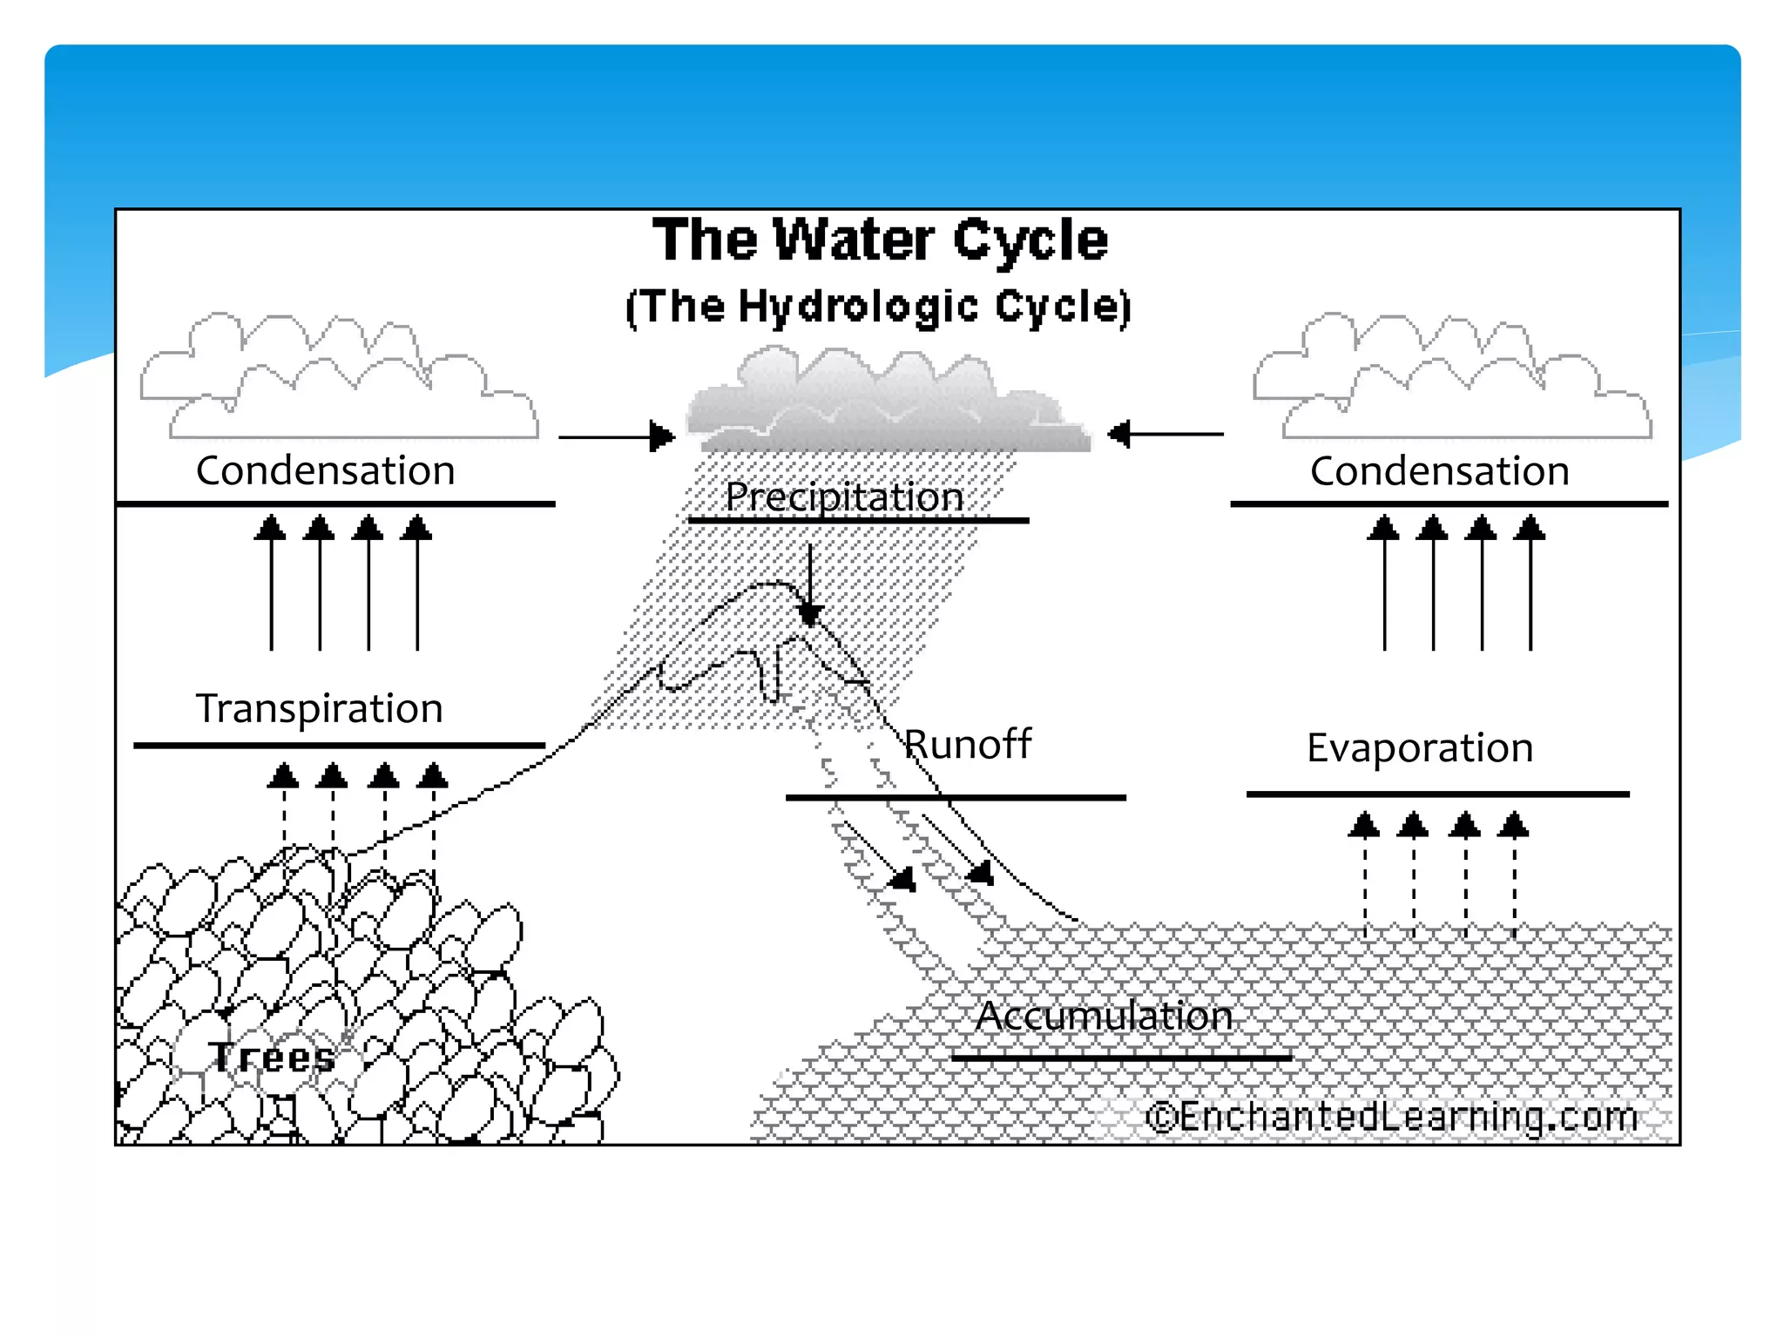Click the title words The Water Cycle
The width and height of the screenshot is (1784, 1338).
coord(880,240)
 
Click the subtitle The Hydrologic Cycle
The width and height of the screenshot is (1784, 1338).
coord(878,307)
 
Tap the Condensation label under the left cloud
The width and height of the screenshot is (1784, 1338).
coord(326,471)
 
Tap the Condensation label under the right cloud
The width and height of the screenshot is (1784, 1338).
coord(1439,471)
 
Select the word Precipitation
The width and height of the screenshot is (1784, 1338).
coord(844,497)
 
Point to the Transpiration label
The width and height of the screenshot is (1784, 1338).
coord(319,708)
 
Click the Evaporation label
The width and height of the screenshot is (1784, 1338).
coord(1420,748)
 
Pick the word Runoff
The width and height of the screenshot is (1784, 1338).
coord(967,745)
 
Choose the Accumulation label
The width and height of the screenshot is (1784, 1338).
coord(1104,1017)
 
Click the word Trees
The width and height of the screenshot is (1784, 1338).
coord(272,1058)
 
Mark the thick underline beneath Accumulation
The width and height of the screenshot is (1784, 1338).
coord(1121,1058)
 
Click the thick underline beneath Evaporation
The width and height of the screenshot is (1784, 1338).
coord(1437,794)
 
